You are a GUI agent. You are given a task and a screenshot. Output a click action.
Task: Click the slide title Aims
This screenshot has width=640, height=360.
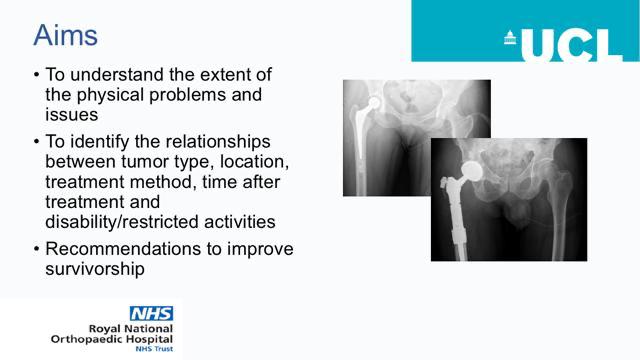pos(65,35)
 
